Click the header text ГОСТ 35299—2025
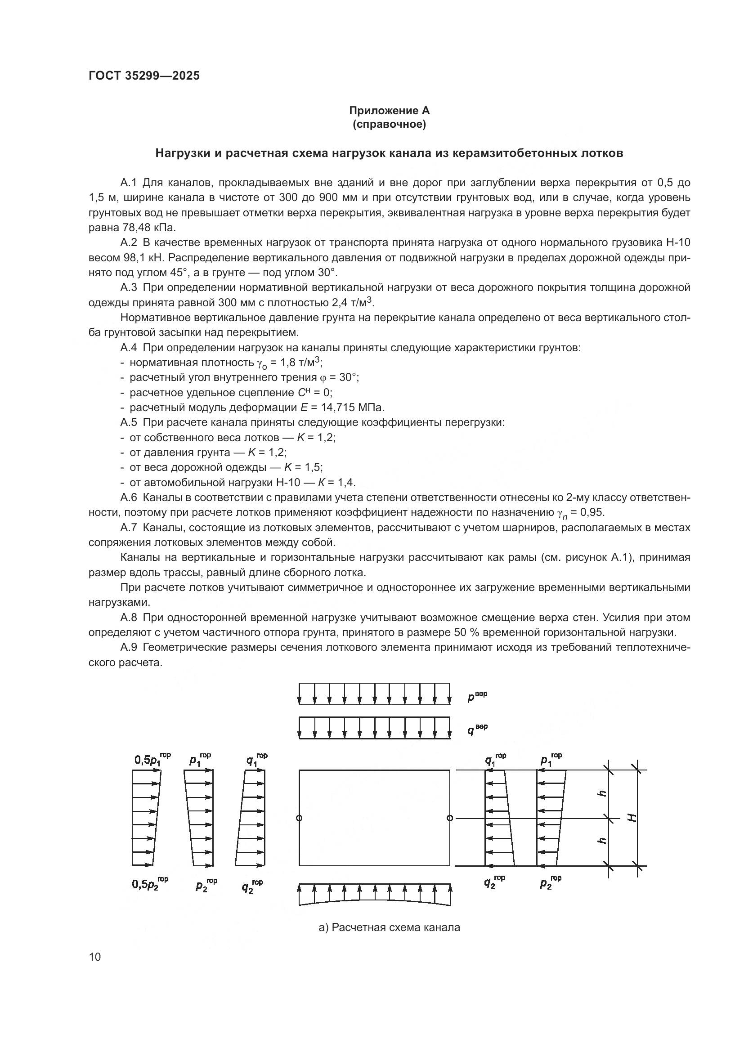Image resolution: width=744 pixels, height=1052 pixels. click(x=144, y=76)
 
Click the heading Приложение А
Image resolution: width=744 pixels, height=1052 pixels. click(x=389, y=111)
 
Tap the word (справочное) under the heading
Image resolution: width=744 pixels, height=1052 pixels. click(x=389, y=124)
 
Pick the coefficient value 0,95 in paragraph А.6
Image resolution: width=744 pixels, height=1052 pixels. click(x=593, y=512)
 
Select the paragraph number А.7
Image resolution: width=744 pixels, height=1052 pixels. click(x=129, y=528)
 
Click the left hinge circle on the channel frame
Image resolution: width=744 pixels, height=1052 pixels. click(x=299, y=818)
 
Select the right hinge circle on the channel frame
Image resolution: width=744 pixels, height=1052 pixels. click(x=449, y=818)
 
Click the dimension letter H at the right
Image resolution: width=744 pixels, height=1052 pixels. click(x=632, y=817)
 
